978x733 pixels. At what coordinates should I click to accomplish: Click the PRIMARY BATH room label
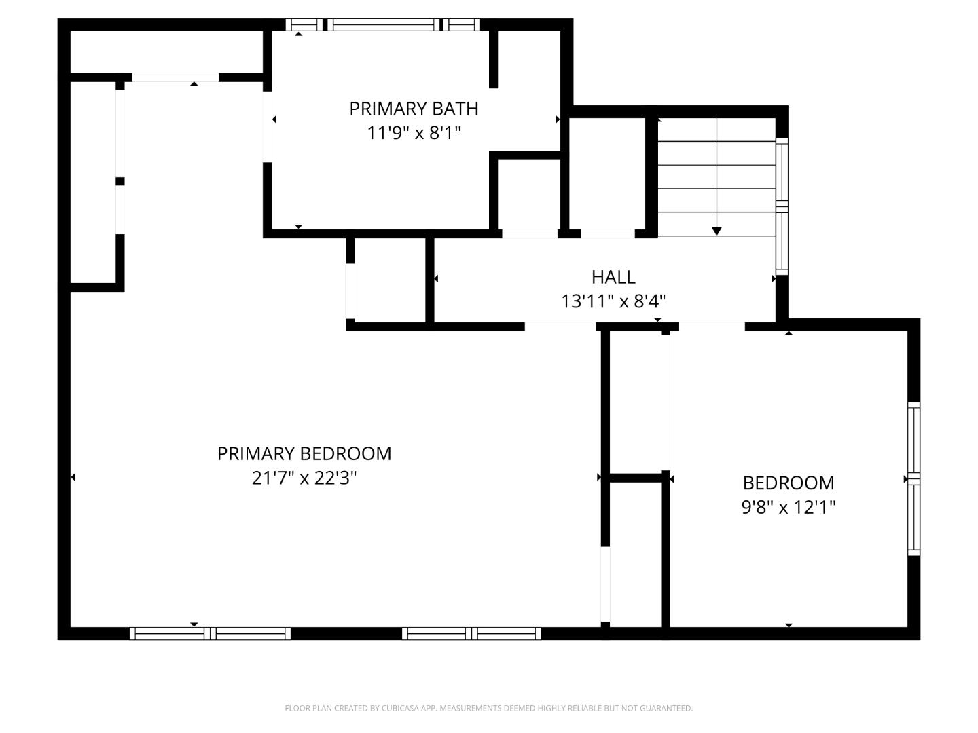[x=414, y=109]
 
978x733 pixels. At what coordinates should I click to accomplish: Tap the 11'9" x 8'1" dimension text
[x=414, y=132]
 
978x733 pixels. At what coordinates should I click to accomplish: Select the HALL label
[x=613, y=277]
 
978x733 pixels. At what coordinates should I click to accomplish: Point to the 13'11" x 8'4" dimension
[x=613, y=301]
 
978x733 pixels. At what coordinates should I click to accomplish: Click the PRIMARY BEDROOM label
[x=304, y=453]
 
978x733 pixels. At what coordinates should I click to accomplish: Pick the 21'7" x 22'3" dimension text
[x=304, y=478]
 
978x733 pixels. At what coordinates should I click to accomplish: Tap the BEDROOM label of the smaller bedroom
[x=788, y=483]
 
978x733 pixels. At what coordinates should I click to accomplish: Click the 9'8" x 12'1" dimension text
[x=788, y=507]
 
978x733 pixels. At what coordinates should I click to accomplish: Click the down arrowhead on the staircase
[x=717, y=231]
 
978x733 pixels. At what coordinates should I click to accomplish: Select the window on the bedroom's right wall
[x=914, y=478]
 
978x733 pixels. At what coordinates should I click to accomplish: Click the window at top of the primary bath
[x=383, y=25]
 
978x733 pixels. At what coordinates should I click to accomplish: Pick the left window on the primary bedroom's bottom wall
[x=210, y=633]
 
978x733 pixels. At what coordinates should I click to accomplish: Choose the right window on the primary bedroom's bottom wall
[x=471, y=633]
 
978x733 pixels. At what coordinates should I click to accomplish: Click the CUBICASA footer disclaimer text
[x=488, y=708]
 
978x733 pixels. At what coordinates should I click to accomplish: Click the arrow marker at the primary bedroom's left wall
[x=73, y=477]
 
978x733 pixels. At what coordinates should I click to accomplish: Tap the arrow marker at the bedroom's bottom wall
[x=789, y=625]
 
